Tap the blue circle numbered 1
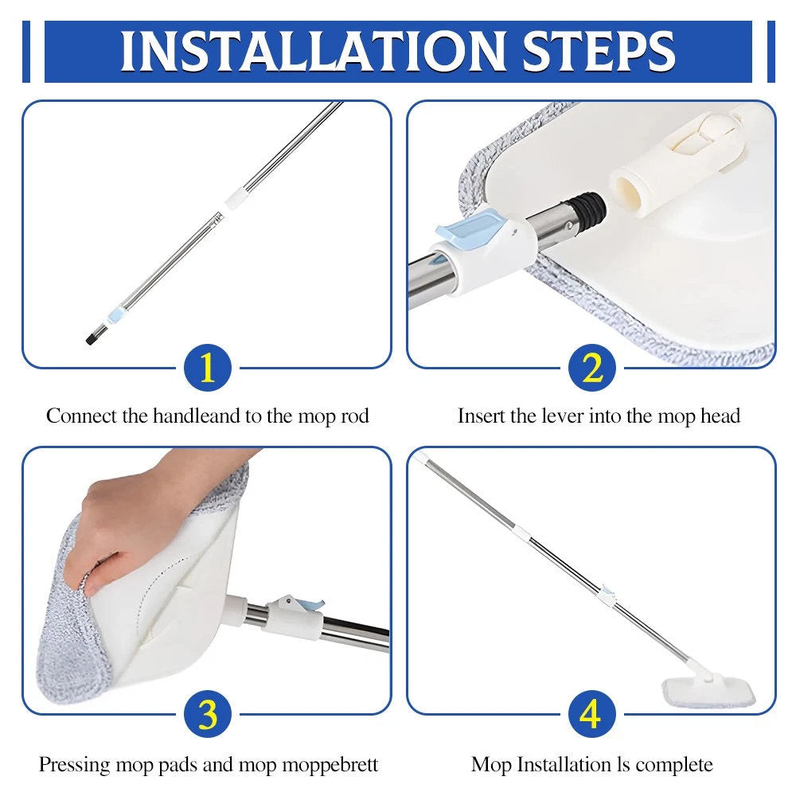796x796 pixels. [208, 368]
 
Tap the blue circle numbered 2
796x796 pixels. [592, 368]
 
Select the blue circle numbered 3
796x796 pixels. [208, 714]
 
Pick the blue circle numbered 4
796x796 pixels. [592, 714]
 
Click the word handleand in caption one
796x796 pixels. [197, 416]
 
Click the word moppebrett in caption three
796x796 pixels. [330, 764]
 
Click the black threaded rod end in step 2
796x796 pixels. [588, 208]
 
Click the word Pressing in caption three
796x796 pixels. [74, 764]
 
